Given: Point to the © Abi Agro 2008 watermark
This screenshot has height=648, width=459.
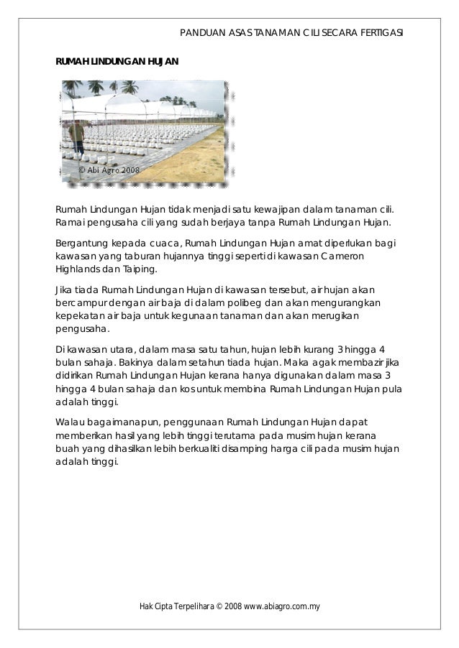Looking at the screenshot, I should pos(109,170).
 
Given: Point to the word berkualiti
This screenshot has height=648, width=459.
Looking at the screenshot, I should pos(257,448).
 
